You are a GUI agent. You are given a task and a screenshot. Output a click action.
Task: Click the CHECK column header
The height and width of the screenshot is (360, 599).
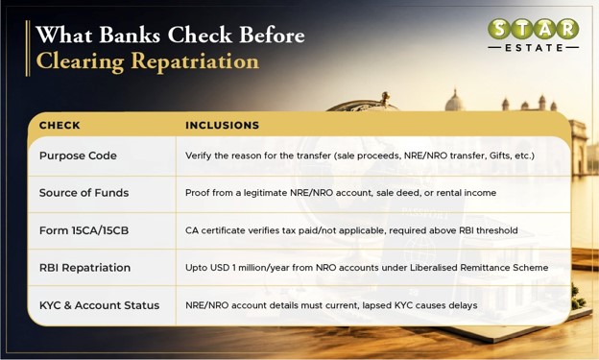(60, 126)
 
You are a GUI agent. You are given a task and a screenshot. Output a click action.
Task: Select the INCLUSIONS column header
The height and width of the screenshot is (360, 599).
(223, 126)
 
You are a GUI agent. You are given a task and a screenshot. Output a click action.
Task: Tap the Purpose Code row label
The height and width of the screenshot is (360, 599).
(78, 156)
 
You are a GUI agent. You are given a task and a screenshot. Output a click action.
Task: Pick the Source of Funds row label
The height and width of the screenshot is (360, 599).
(84, 193)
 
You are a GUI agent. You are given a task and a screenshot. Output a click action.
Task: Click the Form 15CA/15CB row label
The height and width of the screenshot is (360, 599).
(84, 230)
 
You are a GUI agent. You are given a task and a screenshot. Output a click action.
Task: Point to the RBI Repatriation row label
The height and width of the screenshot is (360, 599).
(84, 268)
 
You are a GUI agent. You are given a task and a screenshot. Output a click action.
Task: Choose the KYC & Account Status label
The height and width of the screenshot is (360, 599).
(99, 305)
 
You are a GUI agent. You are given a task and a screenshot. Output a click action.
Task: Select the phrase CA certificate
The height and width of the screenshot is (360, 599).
(215, 230)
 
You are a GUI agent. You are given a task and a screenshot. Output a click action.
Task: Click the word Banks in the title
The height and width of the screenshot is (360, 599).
(130, 36)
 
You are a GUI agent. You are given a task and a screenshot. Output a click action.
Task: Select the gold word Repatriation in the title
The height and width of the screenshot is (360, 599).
(195, 61)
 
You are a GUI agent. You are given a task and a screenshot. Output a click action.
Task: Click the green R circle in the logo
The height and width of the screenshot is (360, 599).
(567, 29)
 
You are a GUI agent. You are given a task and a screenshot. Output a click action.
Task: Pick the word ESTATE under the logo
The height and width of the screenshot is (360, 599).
(534, 48)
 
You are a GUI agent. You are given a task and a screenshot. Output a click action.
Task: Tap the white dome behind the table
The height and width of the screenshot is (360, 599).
(454, 101)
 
